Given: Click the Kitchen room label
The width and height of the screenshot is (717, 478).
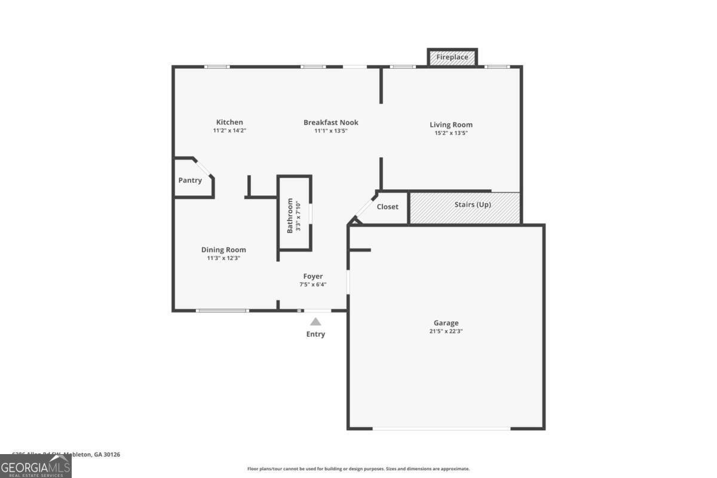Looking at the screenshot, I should tap(229, 122).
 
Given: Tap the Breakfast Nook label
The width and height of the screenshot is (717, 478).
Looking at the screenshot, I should tap(331, 122).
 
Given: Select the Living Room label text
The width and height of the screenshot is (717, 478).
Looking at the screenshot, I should tap(451, 125).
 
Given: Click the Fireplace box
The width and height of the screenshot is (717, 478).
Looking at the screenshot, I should tap(452, 57).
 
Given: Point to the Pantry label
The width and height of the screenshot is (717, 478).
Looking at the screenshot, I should tap(190, 180).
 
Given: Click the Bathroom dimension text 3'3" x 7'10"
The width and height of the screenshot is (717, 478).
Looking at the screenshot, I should tap(298, 216).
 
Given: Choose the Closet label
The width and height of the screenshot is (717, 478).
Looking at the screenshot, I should tap(387, 207).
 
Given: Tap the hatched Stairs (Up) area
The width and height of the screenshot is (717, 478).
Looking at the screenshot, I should tap(465, 207).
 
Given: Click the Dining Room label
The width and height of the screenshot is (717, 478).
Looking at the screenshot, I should tap(223, 250).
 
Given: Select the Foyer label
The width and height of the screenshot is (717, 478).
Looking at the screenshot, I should tap(313, 276).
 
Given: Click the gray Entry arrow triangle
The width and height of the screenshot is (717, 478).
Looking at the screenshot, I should tap(315, 321).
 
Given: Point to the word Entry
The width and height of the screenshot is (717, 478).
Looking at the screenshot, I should tap(315, 334).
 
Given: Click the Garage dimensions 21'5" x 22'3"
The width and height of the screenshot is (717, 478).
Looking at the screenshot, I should tap(446, 330).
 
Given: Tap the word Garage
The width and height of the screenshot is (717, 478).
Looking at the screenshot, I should tap(446, 323).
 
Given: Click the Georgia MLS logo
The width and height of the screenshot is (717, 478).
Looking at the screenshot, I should tap(36, 466).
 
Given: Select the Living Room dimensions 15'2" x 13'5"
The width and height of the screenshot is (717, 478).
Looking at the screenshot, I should tap(451, 133).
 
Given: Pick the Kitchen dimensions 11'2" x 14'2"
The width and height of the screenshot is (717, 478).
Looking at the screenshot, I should tap(229, 130).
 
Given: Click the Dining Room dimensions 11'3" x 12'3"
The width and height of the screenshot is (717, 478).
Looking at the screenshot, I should tap(223, 258).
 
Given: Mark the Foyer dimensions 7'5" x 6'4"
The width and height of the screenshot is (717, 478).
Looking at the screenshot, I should tap(313, 284).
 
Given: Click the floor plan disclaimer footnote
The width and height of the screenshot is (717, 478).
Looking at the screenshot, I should tap(358, 469).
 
